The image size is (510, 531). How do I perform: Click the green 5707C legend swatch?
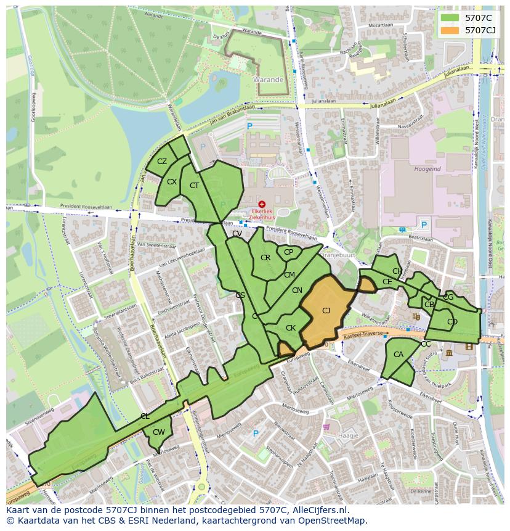pos(450,18)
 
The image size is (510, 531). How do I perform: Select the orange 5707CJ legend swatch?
pos(450,30)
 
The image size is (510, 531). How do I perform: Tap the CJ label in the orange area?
pos(326,310)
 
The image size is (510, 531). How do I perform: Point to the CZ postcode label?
pos(162,162)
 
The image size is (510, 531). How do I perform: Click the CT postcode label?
pos(194,186)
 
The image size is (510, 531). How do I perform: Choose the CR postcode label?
pos(265,258)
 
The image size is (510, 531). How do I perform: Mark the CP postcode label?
pos(288,252)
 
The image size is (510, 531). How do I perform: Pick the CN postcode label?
pos(297,290)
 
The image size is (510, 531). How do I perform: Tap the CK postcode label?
pos(291,328)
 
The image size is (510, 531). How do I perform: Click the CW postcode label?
pos(158,432)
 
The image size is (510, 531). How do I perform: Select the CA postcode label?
pos(398,355)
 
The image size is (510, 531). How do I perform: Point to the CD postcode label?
pos(452,322)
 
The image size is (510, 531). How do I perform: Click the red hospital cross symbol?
pos(262,204)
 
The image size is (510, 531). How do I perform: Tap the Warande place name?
pos(268,80)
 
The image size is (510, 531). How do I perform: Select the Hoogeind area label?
pos(427,168)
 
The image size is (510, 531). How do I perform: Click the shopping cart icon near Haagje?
pos(326,427)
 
